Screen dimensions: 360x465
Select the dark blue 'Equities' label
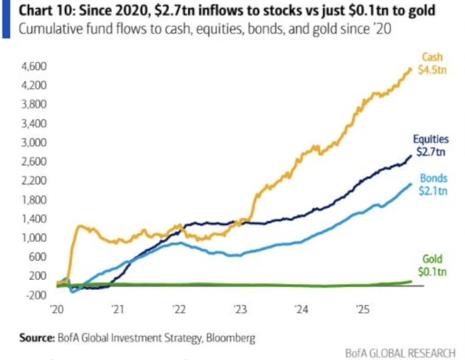pos(430,139)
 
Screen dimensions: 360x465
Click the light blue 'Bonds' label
pos(434,178)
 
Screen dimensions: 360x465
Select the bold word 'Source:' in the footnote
pos(36,337)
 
